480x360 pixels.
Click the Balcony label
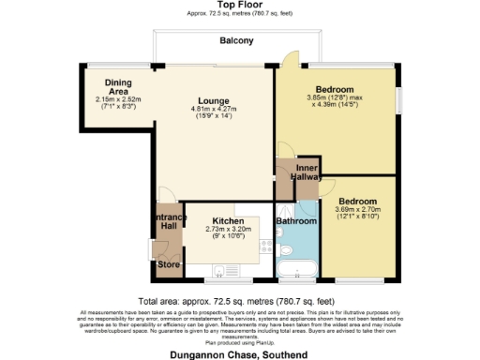point(238,41)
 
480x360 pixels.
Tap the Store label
point(169,265)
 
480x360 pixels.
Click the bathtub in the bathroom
point(297,272)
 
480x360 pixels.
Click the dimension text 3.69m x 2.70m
point(357,212)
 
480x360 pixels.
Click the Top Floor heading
point(238,6)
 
